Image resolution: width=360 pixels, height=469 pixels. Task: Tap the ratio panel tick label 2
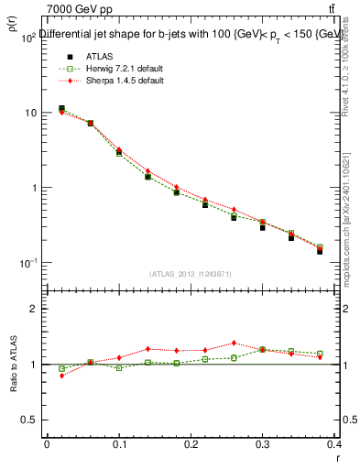click(x=33, y=310)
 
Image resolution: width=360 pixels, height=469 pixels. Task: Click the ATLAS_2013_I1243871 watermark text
click(x=191, y=274)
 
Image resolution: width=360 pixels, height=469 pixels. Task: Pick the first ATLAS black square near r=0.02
click(x=61, y=109)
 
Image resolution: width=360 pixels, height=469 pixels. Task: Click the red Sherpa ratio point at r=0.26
click(x=234, y=343)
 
